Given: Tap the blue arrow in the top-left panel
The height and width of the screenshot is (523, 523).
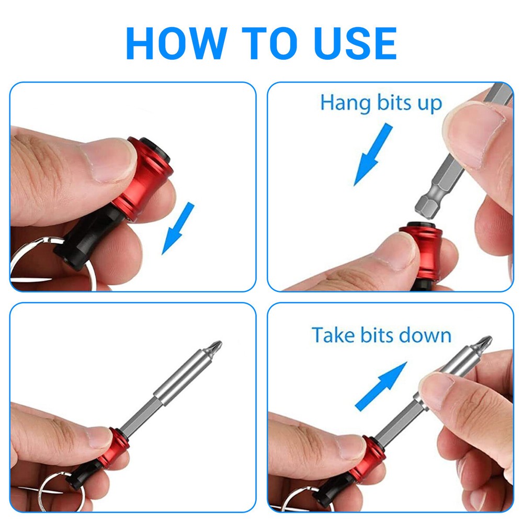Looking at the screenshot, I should (x=178, y=228).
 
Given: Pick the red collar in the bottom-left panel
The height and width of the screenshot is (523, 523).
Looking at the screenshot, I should (x=114, y=448).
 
